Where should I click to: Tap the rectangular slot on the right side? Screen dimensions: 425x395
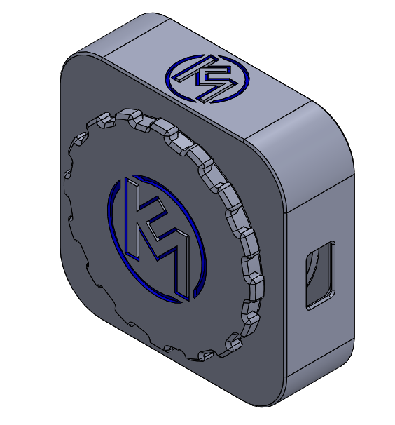click(x=320, y=275)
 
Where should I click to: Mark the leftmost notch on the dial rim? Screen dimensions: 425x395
click(x=68, y=172)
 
